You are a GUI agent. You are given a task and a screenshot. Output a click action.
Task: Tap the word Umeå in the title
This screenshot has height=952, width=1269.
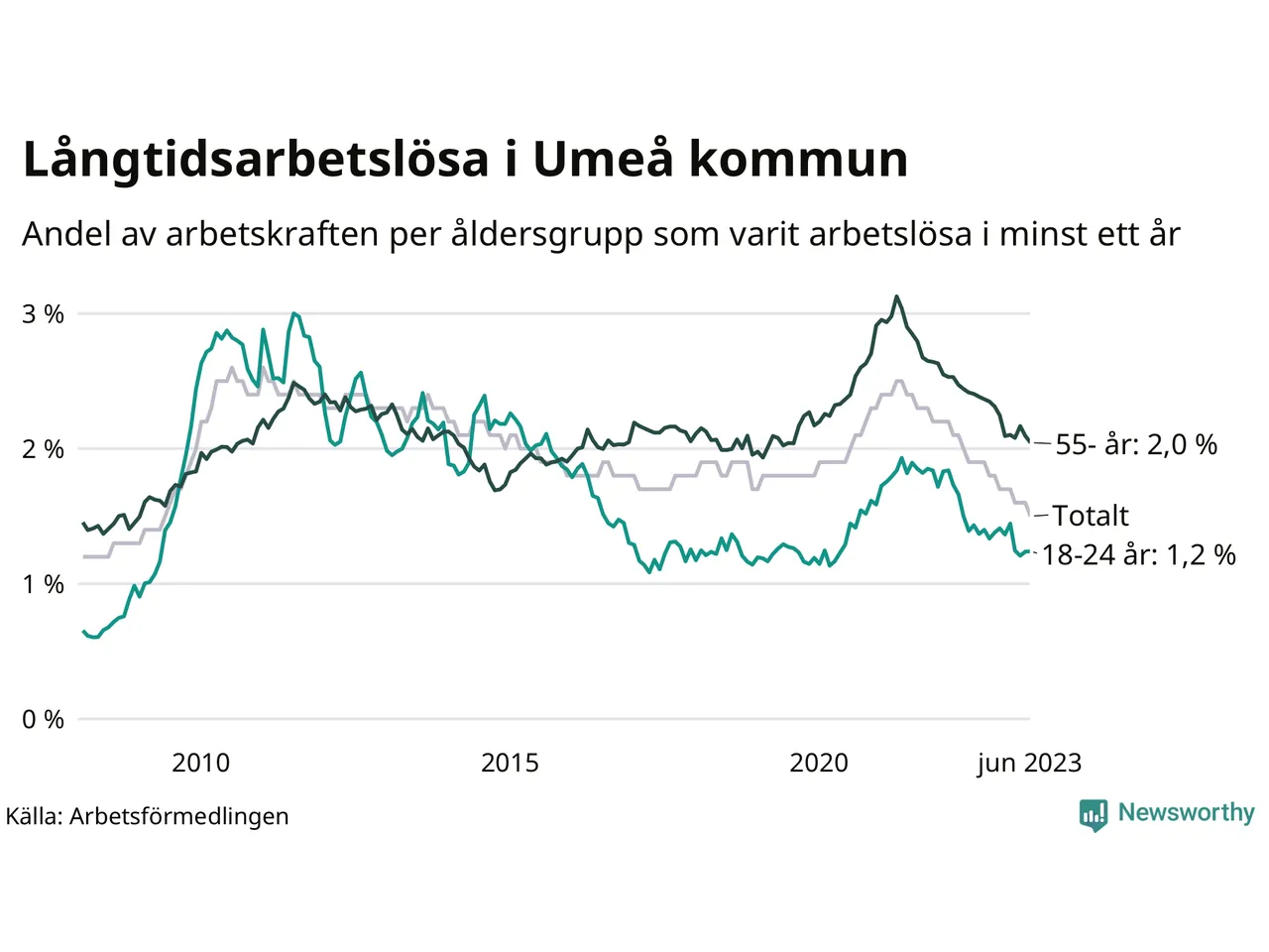[x=604, y=159]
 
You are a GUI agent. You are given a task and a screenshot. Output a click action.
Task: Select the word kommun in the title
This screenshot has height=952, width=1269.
[x=798, y=161]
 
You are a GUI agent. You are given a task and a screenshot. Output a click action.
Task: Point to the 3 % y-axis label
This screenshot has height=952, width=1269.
[x=43, y=314]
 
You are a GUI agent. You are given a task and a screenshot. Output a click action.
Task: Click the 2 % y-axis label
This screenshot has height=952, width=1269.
[x=43, y=449]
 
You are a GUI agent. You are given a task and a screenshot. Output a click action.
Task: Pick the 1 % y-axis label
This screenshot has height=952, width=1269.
[x=43, y=584]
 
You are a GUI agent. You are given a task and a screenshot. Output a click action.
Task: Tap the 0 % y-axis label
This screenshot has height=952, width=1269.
[x=43, y=719]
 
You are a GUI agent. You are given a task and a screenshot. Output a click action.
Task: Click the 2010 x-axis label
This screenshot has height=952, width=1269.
[x=200, y=763]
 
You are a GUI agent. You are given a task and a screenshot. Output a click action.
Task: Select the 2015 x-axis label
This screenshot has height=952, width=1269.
[x=510, y=763]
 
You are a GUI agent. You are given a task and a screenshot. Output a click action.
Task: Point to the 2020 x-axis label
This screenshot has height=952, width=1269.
[x=819, y=763]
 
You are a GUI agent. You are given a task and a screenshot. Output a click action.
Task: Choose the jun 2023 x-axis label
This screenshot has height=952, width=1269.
[x=1028, y=763]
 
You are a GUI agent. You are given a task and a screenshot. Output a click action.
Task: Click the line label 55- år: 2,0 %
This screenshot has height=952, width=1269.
[x=1136, y=444]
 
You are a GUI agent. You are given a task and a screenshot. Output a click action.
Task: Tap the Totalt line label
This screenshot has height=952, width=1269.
[x=1091, y=516]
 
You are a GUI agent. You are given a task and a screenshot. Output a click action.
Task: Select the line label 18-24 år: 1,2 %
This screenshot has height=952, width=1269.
[x=1139, y=555]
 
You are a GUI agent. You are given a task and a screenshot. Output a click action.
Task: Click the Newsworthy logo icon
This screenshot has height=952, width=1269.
[x=1094, y=814]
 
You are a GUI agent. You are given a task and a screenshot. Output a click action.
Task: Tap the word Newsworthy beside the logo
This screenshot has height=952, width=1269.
[x=1186, y=813]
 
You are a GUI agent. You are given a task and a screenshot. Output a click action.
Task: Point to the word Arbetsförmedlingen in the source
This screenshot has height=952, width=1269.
[x=179, y=816]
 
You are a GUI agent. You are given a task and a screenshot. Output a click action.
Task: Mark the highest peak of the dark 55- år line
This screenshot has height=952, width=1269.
[x=896, y=297]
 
